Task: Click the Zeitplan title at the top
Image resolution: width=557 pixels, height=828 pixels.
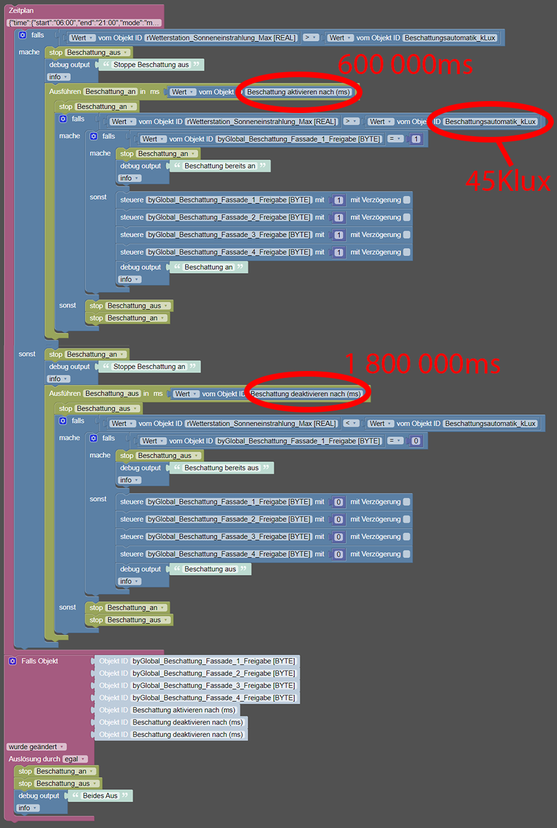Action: coord(21,10)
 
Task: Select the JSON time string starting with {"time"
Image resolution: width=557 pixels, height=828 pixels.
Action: coord(84,23)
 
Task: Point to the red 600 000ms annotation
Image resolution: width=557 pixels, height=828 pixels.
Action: coord(405,64)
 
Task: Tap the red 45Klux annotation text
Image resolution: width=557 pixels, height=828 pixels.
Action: coord(508,181)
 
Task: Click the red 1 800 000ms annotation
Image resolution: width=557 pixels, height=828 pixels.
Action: coord(422,363)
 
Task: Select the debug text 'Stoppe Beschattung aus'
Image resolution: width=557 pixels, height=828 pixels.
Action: coord(151,65)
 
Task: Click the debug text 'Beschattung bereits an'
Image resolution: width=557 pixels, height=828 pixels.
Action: coord(220,166)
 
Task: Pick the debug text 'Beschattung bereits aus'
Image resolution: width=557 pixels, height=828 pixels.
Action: coord(221,468)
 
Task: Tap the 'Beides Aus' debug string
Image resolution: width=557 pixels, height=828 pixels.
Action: coord(100,795)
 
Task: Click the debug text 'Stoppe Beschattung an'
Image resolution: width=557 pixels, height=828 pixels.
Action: coord(149,367)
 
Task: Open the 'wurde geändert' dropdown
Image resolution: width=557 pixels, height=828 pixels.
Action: coord(36,746)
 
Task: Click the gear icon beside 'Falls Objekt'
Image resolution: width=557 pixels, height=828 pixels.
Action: coord(13,661)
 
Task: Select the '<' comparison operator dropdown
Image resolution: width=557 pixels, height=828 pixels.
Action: coord(351,423)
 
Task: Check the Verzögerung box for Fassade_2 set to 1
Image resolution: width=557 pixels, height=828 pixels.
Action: coord(406,217)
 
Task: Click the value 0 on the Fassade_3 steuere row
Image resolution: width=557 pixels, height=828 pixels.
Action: coord(338,537)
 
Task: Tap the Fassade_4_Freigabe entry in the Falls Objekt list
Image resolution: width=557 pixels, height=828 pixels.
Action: coord(214,697)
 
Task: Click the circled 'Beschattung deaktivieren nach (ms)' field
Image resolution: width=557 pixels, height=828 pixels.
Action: coord(305,394)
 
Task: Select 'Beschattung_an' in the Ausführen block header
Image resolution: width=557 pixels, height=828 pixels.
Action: coord(110,92)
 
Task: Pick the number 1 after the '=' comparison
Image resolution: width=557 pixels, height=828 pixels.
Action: coord(416,139)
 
